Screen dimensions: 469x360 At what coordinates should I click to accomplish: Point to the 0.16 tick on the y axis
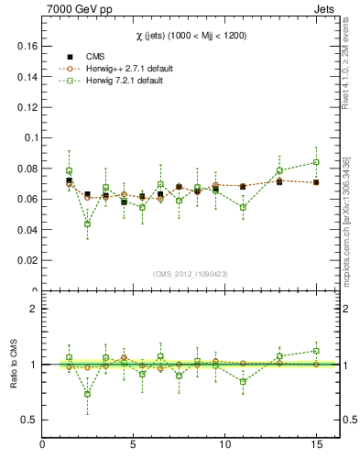[25, 46]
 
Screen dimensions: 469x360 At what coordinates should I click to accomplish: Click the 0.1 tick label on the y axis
[28, 137]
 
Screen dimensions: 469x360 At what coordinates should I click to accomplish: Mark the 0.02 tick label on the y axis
[25, 260]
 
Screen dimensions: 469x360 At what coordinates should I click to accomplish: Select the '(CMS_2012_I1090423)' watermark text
[190, 274]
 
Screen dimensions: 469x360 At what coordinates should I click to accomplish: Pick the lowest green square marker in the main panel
[87, 224]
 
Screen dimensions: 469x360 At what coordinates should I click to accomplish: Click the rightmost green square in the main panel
[316, 162]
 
